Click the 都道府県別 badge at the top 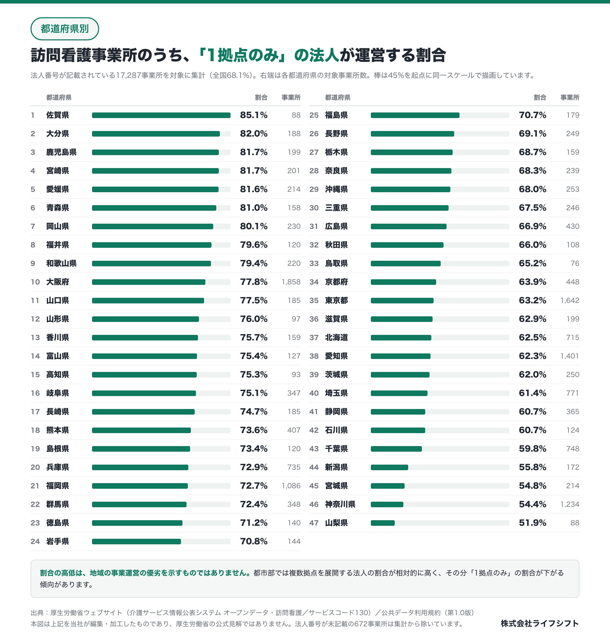pyautogui.click(x=65, y=29)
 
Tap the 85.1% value pyautogui.click(x=254, y=115)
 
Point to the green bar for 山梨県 pyautogui.click(x=383, y=523)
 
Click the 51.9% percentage pyautogui.click(x=533, y=523)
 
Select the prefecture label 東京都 pyautogui.click(x=337, y=300)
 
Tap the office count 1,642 pyautogui.click(x=570, y=300)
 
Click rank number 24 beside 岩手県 pyautogui.click(x=35, y=542)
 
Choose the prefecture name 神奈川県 pyautogui.click(x=340, y=504)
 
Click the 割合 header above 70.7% pyautogui.click(x=540, y=97)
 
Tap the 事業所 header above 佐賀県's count pyautogui.click(x=291, y=97)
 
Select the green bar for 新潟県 pyautogui.click(x=389, y=467)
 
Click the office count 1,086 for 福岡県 pyautogui.click(x=291, y=486)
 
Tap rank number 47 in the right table pyautogui.click(x=314, y=523)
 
